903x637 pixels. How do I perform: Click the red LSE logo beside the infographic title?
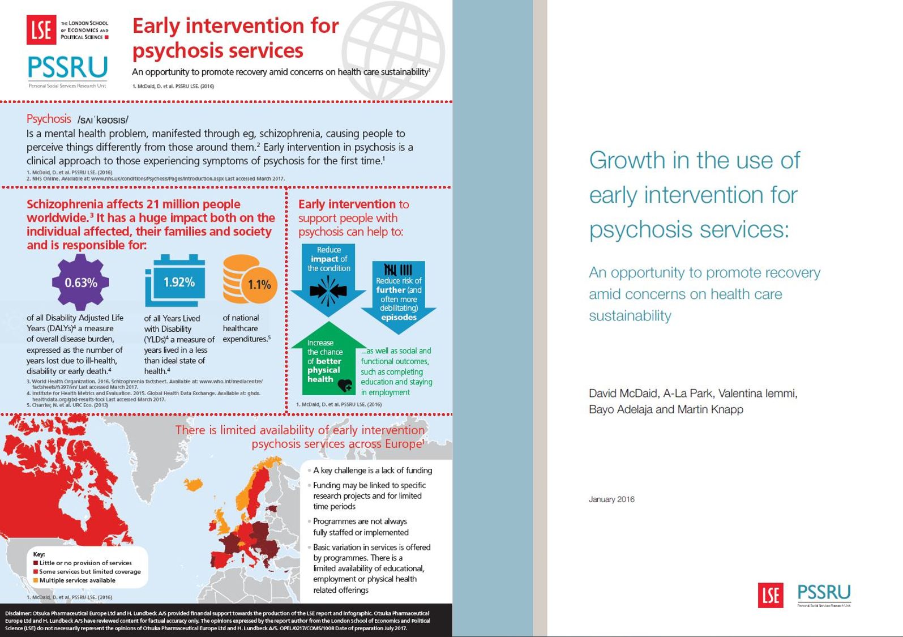[x=41, y=29]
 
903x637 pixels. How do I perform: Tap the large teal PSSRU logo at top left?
[x=67, y=67]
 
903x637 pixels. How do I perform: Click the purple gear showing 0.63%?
[x=80, y=283]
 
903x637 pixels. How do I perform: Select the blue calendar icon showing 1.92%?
[x=176, y=281]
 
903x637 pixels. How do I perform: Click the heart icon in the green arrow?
[x=344, y=385]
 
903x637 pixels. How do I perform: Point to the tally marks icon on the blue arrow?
[x=398, y=270]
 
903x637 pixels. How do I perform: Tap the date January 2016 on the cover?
[x=611, y=499]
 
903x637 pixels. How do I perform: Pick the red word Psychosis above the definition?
[x=49, y=119]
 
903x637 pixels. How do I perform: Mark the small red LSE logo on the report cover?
[x=771, y=595]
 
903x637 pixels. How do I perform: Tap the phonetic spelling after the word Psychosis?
[x=103, y=119]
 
